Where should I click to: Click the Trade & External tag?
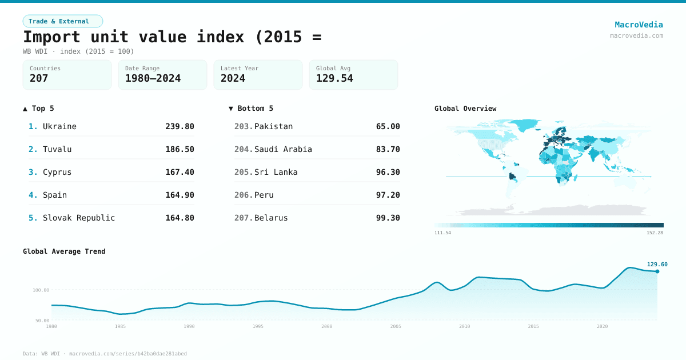pos(62,21)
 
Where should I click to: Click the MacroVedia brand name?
pos(639,25)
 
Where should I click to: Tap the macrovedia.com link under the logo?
pos(636,35)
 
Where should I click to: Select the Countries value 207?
pos(39,78)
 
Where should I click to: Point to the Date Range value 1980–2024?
pos(153,78)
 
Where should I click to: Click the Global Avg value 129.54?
pos(334,78)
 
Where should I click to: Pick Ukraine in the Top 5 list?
pos(59,126)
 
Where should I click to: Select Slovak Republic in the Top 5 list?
pos(79,218)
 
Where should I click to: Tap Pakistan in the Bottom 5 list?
pos(273,126)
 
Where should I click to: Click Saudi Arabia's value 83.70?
pos(388,149)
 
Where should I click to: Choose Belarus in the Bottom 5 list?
pos(271,218)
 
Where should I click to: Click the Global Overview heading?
pos(465,109)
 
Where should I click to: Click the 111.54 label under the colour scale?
pos(442,233)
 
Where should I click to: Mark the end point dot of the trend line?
pos(657,271)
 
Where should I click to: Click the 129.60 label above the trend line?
pos(657,265)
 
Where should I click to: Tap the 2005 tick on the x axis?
pos(396,326)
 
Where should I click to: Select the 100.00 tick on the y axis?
pos(41,290)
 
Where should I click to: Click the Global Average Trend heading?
pos(64,251)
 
